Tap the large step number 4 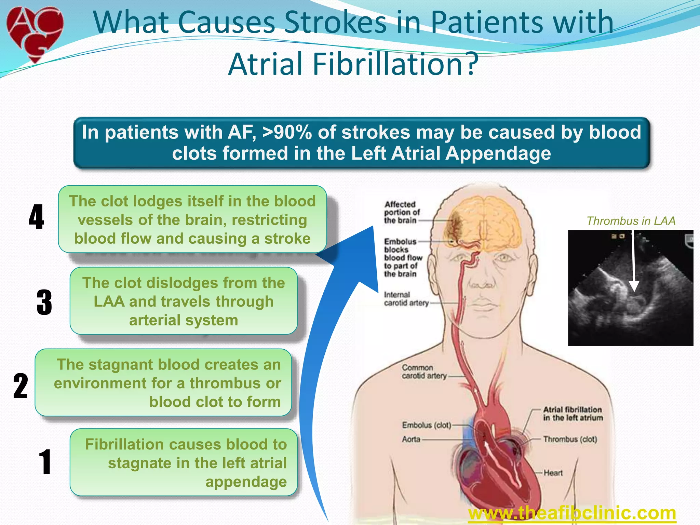pyautogui.click(x=36, y=217)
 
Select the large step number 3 pyautogui.click(x=44, y=302)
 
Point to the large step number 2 pyautogui.click(x=21, y=386)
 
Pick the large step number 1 pyautogui.click(x=45, y=462)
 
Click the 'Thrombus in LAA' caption pyautogui.click(x=631, y=221)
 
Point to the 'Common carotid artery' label pyautogui.click(x=424, y=372)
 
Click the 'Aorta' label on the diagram pyautogui.click(x=411, y=439)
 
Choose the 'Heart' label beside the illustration pyautogui.click(x=553, y=473)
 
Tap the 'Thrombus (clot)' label pyautogui.click(x=570, y=439)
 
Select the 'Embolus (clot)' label pyautogui.click(x=427, y=425)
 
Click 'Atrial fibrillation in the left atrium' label pyautogui.click(x=573, y=414)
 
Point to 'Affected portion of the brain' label pyautogui.click(x=402, y=212)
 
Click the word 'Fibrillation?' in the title pyautogui.click(x=395, y=64)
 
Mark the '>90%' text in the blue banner pyautogui.click(x=287, y=132)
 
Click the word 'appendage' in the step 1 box pyautogui.click(x=246, y=482)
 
